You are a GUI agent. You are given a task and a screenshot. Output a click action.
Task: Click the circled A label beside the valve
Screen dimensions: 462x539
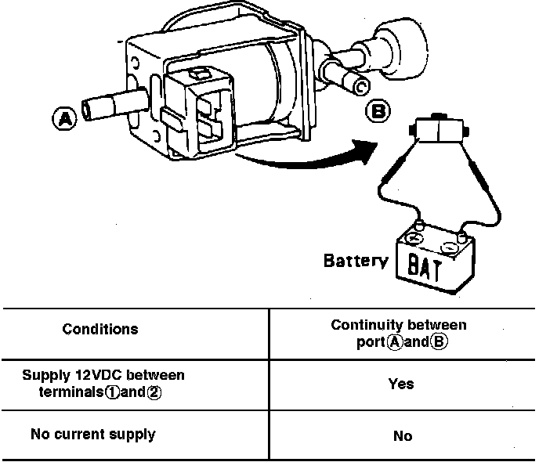64,119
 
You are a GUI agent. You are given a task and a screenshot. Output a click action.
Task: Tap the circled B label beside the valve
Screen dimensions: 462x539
378,112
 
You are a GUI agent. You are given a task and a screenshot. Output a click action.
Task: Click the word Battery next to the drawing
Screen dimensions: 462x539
355,261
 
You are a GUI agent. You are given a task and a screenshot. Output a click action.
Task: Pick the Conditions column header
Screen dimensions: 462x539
100,329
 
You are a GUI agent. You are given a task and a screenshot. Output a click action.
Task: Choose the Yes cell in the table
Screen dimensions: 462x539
401,384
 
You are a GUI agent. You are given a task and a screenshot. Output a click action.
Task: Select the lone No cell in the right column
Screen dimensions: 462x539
402,435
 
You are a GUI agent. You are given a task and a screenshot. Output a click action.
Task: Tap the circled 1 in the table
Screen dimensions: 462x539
113,392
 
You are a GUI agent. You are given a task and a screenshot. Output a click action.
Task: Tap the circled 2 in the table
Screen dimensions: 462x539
154,392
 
